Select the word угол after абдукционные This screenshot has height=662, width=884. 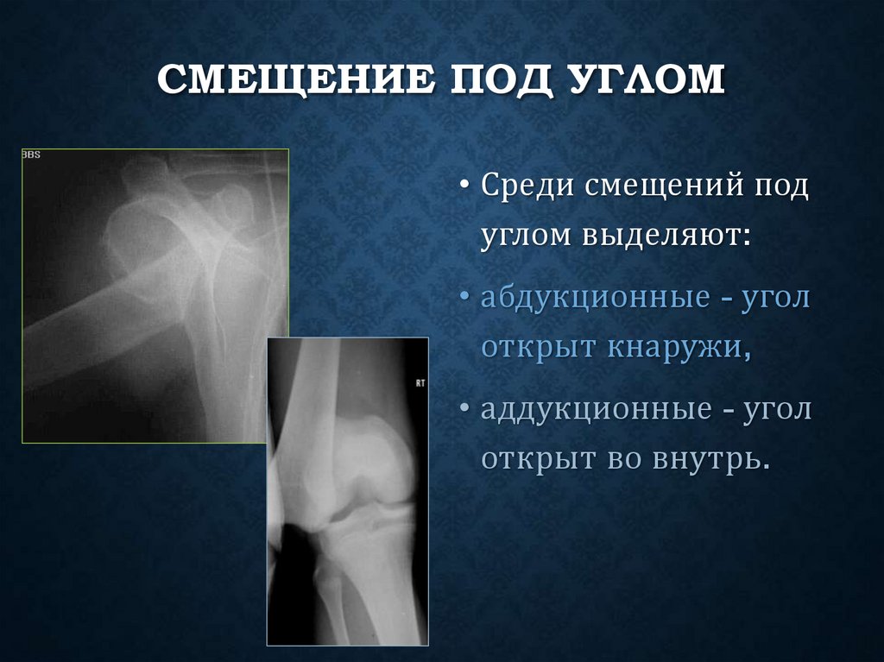(x=774, y=299)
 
